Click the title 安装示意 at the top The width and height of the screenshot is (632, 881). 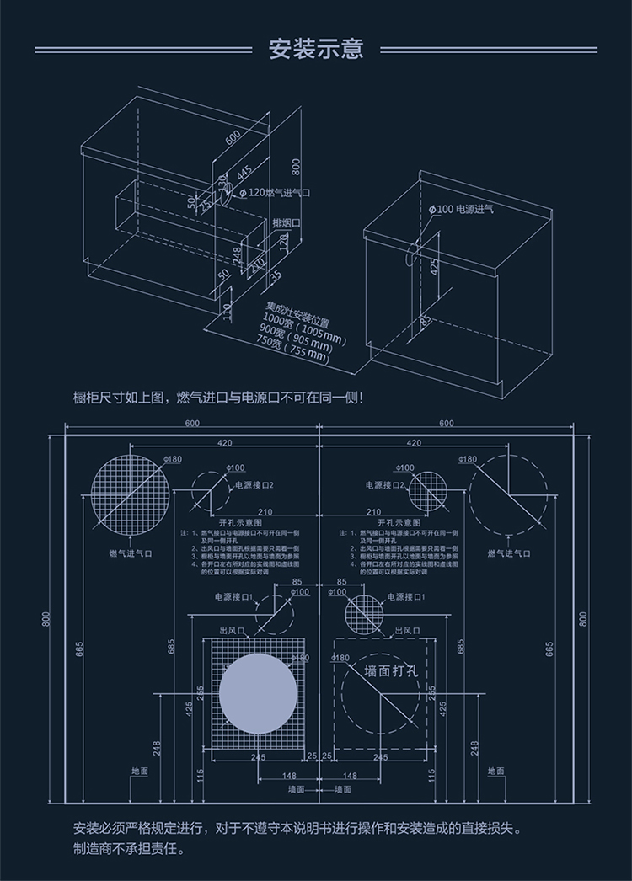pyautogui.click(x=316, y=49)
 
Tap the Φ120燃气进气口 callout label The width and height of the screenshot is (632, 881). pyautogui.click(x=276, y=194)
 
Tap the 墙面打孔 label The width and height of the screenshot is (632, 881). pyautogui.click(x=391, y=671)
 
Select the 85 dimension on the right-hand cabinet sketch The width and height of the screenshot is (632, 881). pyautogui.click(x=426, y=321)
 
